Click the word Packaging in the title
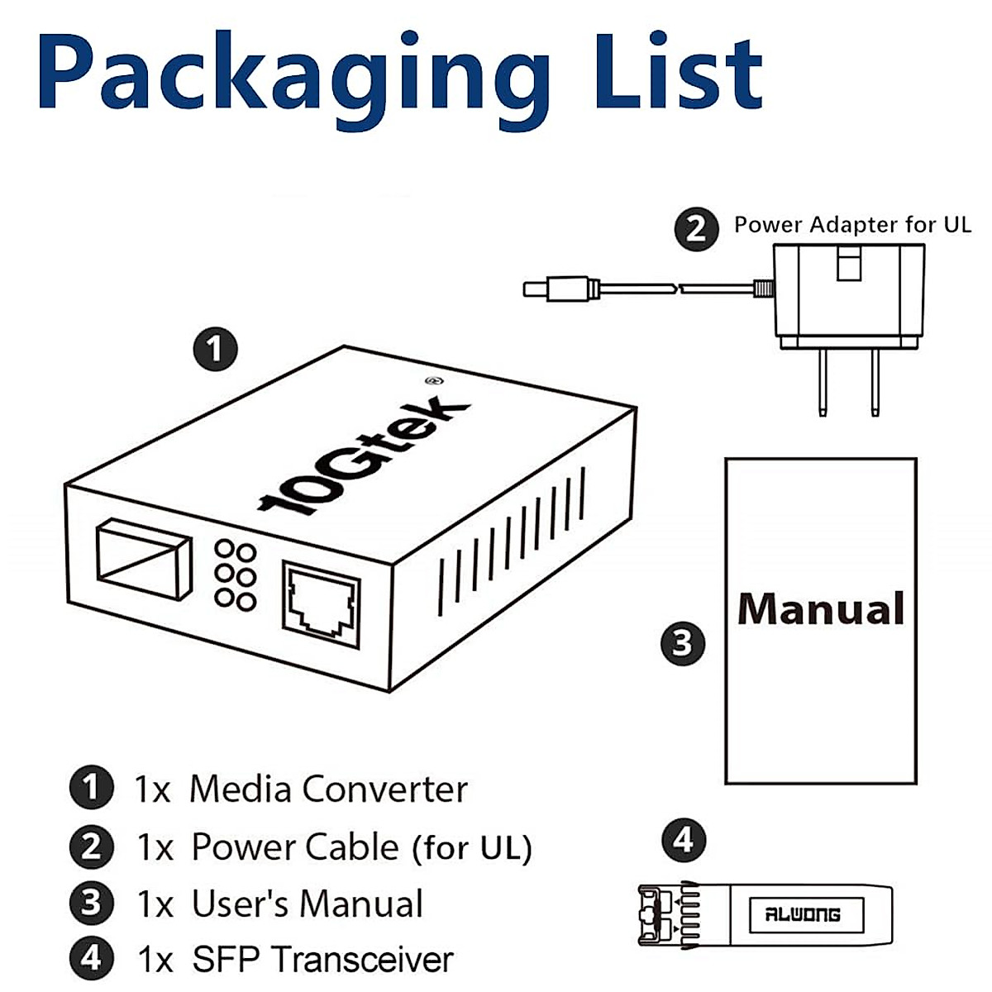pyautogui.click(x=293, y=74)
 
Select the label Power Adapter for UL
pyautogui.click(x=852, y=225)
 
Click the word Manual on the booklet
pyautogui.click(x=821, y=609)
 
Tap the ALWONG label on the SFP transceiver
pyautogui.click(x=803, y=915)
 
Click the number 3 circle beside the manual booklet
pyautogui.click(x=683, y=642)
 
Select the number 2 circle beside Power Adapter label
pyautogui.click(x=696, y=228)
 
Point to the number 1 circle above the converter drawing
pyautogui.click(x=215, y=349)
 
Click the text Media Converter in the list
pyautogui.click(x=328, y=789)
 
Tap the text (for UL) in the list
pyautogui.click(x=472, y=848)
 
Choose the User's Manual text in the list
pyautogui.click(x=307, y=904)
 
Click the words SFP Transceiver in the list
pyautogui.click(x=322, y=960)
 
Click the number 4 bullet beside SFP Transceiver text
pyautogui.click(x=91, y=958)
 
